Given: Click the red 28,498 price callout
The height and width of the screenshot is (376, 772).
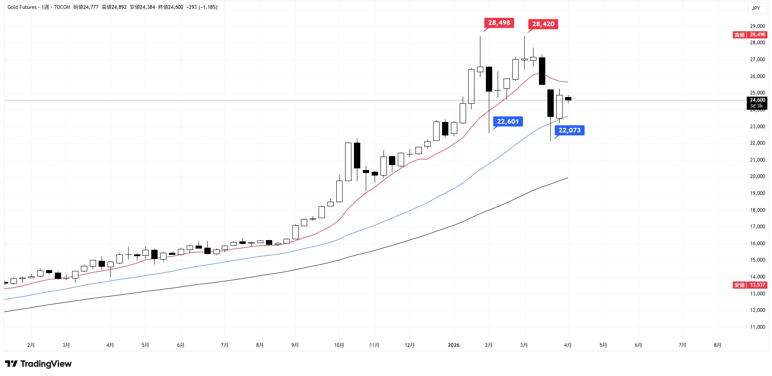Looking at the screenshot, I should click(x=499, y=23).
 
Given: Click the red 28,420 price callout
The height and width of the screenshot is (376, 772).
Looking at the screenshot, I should click(x=543, y=24).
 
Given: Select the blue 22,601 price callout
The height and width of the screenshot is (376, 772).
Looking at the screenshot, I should click(x=508, y=122).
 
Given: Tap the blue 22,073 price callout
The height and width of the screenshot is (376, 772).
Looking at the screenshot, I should click(x=569, y=130).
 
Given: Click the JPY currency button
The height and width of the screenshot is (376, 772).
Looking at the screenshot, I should click(x=756, y=8).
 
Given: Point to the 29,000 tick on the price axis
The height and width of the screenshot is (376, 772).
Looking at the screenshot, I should click(x=757, y=26).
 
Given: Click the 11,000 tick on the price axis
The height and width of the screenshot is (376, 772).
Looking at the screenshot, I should click(x=757, y=327).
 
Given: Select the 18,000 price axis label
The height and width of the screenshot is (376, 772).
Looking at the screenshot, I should click(x=757, y=210).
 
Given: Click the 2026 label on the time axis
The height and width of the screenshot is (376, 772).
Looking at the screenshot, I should click(x=453, y=345).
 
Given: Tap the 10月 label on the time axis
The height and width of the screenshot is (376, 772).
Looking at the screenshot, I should click(x=339, y=345).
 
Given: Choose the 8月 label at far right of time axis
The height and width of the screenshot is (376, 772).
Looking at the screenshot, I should click(x=717, y=345).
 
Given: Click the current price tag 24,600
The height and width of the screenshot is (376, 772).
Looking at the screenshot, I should click(x=757, y=100).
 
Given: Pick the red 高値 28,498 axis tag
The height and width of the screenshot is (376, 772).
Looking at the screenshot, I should click(x=750, y=35).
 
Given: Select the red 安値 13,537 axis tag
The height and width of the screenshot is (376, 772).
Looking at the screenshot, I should click(x=750, y=285).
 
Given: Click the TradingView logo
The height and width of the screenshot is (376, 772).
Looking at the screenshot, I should click(x=38, y=364).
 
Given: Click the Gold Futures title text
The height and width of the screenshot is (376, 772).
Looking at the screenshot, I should click(x=22, y=7).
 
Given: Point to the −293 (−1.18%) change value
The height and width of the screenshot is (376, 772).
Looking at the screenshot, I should click(x=202, y=7).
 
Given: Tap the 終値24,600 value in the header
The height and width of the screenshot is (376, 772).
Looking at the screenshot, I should click(x=170, y=7).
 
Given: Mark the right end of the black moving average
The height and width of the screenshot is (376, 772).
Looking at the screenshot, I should click(x=568, y=178).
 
